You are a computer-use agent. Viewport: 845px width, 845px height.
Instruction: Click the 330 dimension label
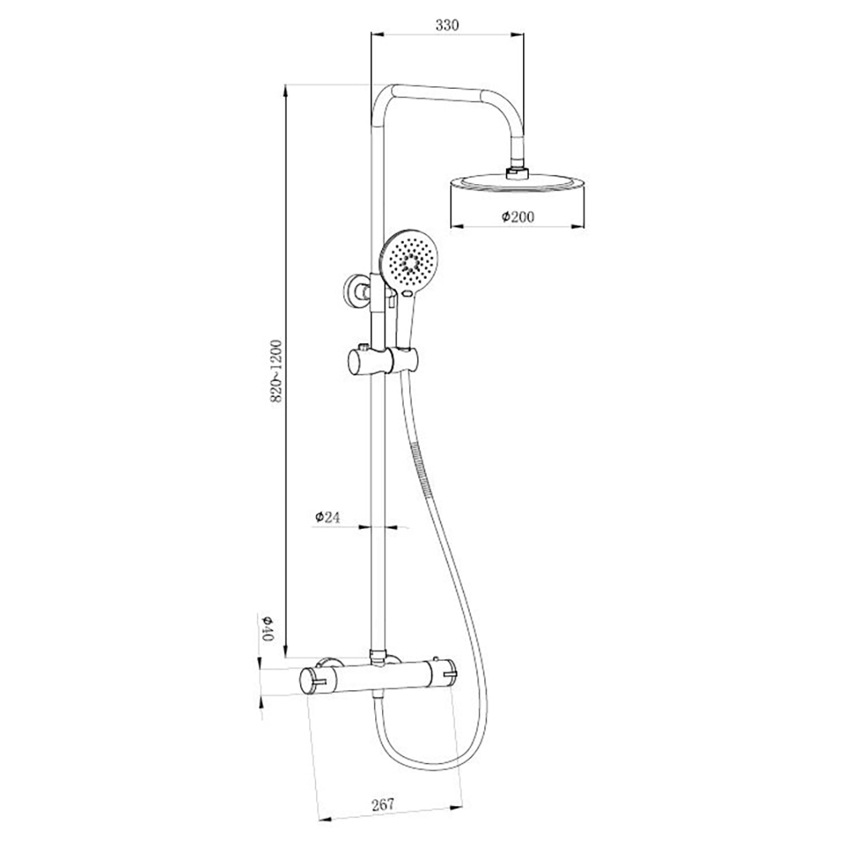pyautogui.click(x=446, y=25)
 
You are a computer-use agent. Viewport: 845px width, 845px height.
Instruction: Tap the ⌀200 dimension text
pyautogui.click(x=518, y=217)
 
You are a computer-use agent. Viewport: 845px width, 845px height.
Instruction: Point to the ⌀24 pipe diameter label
pyautogui.click(x=327, y=518)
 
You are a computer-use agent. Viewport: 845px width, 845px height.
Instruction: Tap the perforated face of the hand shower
pyautogui.click(x=409, y=262)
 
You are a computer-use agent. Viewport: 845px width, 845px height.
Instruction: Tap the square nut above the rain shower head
pyautogui.click(x=515, y=172)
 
